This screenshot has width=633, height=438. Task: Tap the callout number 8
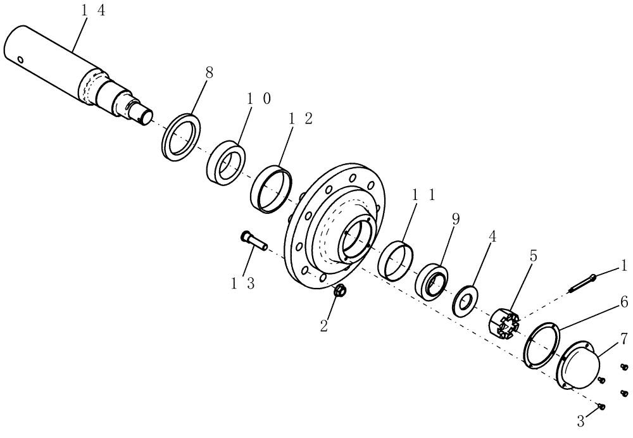coord(210,73)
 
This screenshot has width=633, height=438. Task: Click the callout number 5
coord(533,256)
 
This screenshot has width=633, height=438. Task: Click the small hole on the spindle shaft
coord(22,60)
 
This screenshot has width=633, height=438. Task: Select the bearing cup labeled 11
coord(396,258)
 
